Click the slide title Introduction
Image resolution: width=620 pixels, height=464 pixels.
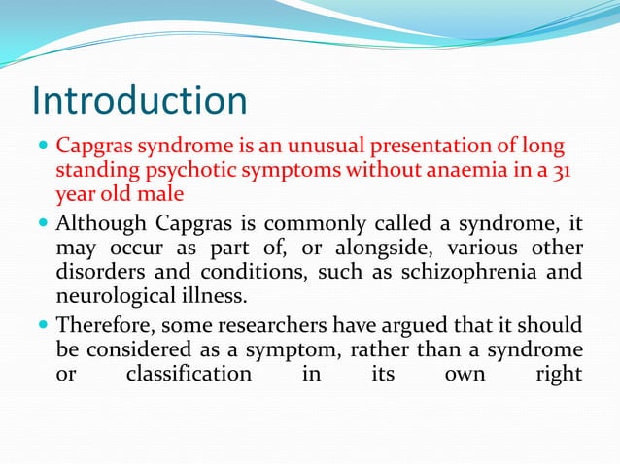coord(139,101)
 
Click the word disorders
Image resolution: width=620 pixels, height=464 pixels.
coord(96,271)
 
